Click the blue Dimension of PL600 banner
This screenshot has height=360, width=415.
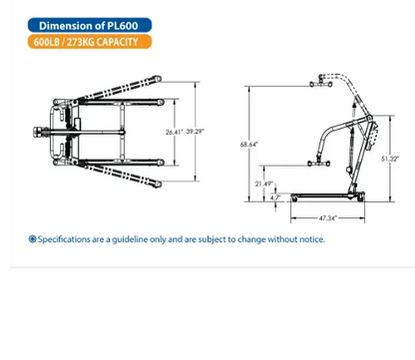tap(90, 25)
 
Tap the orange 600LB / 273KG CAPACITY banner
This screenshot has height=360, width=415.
tap(90, 42)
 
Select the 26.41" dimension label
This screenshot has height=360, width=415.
tap(175, 132)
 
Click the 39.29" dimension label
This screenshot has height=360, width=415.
tap(195, 132)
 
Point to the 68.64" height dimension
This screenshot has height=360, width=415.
tap(249, 145)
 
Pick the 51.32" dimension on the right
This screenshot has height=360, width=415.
tap(390, 159)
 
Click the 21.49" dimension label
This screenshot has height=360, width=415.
tap(264, 183)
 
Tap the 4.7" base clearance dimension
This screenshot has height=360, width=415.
tap(275, 197)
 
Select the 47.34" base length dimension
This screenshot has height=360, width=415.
tap(328, 218)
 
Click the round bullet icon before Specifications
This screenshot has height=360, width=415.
tap(32, 239)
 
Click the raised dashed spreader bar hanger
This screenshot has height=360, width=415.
tap(321, 82)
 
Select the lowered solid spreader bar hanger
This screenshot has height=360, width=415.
tap(319, 164)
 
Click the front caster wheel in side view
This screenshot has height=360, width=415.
tap(294, 198)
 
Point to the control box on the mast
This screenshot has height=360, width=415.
tap(372, 137)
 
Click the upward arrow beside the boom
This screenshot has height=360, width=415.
tap(354, 110)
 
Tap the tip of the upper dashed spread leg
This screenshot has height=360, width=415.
tap(159, 79)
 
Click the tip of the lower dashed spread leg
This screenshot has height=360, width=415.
tap(159, 184)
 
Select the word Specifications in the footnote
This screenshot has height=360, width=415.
tap(64, 239)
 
